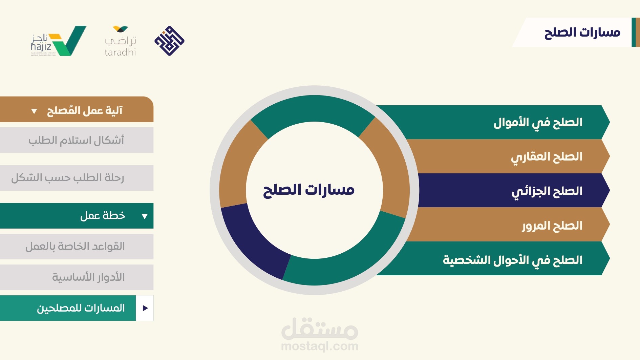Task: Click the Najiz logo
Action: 58,41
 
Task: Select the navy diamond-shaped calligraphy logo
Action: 169,41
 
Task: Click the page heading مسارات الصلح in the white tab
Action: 582,33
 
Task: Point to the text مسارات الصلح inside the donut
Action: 309,190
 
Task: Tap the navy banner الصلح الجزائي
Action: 513,190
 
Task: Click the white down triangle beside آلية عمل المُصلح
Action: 34,111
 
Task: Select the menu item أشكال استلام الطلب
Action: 77,140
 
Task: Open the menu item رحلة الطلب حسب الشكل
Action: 77,178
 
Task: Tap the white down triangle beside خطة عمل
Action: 145,216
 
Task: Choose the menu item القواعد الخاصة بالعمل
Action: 77,247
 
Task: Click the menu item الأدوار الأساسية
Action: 77,277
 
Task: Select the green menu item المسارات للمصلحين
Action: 68,308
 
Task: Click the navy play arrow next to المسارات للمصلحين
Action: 145,308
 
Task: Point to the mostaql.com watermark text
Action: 320,346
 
